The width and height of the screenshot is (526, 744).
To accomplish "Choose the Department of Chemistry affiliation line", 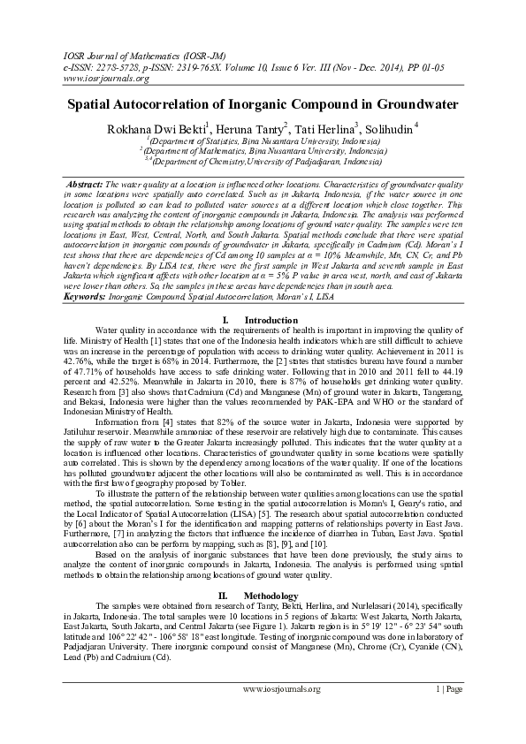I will [x=263, y=162].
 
